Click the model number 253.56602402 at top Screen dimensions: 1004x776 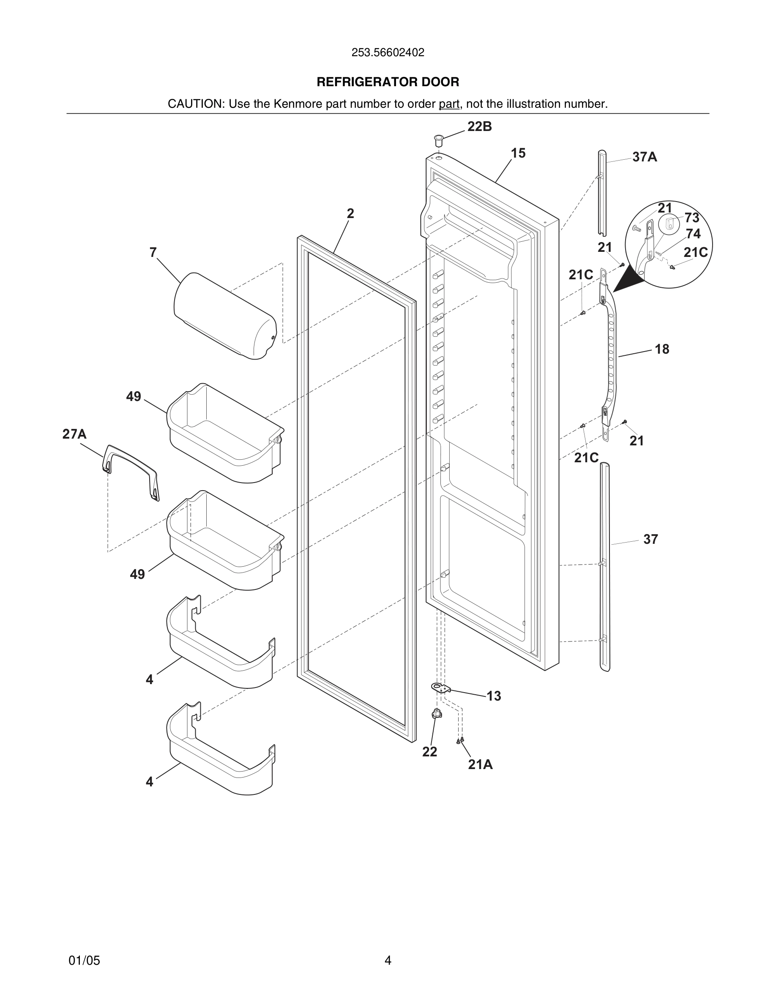[388, 52]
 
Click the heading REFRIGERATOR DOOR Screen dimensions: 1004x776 [388, 82]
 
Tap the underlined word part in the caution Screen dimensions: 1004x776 [449, 104]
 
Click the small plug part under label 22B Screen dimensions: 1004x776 [439, 140]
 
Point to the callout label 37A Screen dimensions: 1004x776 [645, 157]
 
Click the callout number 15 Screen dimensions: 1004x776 [518, 153]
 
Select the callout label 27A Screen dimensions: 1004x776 [74, 434]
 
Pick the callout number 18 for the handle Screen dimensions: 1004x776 [661, 349]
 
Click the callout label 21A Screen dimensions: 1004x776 [481, 764]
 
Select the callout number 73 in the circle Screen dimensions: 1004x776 [692, 218]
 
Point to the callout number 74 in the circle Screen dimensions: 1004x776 [693, 234]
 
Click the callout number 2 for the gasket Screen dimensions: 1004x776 [350, 213]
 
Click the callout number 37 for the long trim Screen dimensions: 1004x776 [650, 539]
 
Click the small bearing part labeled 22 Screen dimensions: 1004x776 [437, 714]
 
